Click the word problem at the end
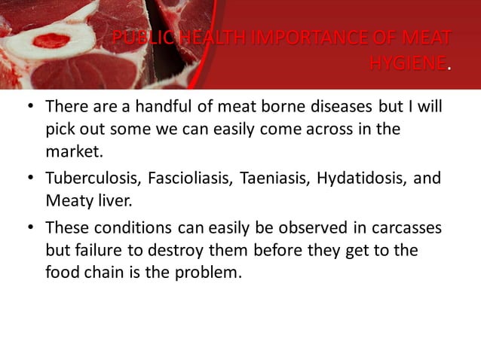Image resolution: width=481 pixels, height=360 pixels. click(x=208, y=273)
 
